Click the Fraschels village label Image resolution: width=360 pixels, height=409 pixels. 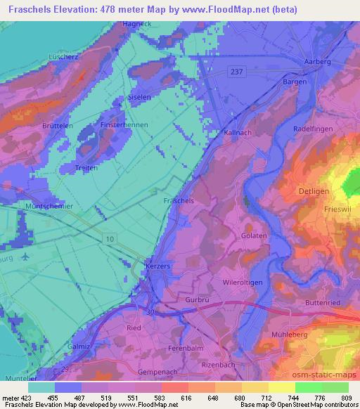[178, 200]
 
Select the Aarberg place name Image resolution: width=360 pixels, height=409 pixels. [316, 62]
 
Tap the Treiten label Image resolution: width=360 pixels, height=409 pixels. [86, 168]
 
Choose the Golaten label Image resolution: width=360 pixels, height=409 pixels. [254, 236]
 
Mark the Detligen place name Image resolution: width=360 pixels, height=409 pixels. [317, 191]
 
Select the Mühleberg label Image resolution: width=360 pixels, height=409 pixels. [289, 336]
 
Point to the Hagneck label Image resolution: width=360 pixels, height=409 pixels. [139, 23]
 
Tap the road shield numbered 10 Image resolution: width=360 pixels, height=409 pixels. [109, 240]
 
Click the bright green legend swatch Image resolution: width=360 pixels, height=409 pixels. [309, 387]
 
